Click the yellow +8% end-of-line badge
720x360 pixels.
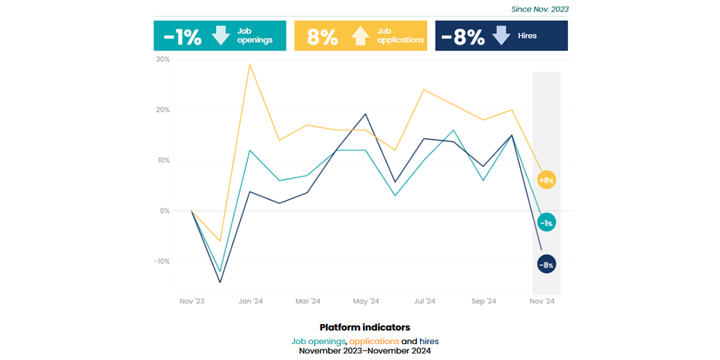(546, 180)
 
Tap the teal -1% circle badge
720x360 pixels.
(546, 222)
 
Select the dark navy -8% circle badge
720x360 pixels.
(546, 264)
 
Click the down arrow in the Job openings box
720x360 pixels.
(221, 35)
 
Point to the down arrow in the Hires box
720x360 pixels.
(500, 35)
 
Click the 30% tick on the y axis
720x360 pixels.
(163, 60)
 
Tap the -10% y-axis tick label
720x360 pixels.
(162, 261)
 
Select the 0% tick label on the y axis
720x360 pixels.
(165, 211)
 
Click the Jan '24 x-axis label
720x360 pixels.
(250, 301)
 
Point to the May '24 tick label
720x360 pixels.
(366, 301)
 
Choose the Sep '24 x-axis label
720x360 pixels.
(483, 301)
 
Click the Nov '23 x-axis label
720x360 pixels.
(192, 301)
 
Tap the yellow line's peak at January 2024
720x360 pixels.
(250, 65)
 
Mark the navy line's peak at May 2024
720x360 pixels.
(366, 114)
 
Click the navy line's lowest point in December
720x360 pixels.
(220, 282)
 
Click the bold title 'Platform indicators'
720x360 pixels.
(364, 328)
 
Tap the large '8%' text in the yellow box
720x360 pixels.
(322, 37)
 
